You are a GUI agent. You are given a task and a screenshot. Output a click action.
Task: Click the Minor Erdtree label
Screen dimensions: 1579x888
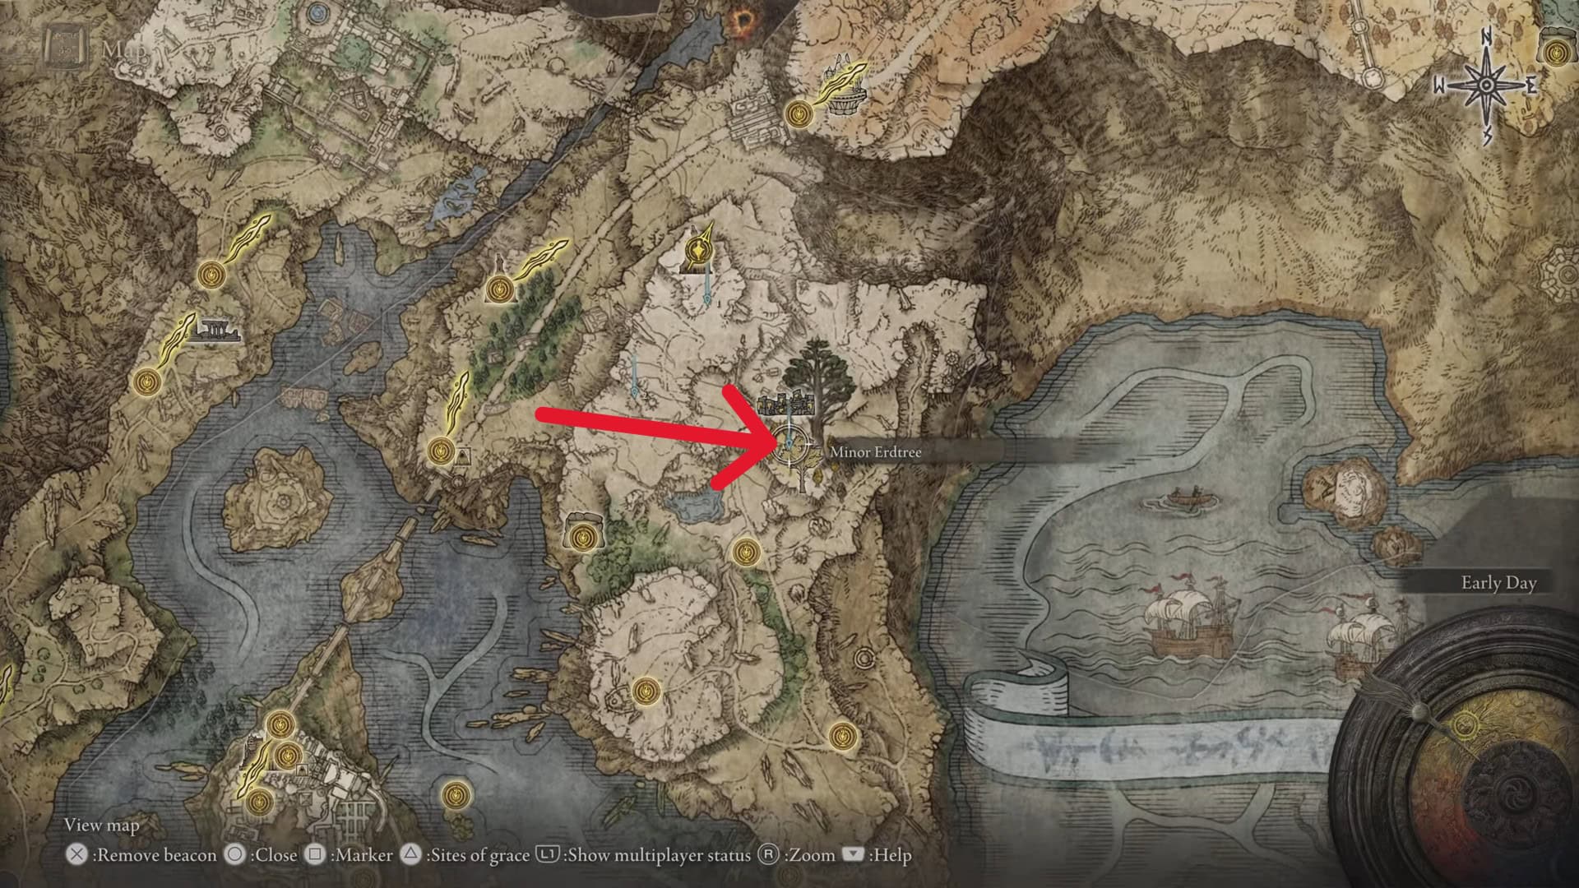(875, 451)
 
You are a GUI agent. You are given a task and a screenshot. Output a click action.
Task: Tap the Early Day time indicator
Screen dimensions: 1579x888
(1498, 583)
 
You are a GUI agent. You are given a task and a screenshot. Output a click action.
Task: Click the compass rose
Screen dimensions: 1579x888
(1486, 86)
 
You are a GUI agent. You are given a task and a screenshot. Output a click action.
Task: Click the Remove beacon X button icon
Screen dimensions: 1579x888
(76, 855)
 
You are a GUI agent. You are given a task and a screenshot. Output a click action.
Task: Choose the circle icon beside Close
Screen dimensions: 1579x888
(235, 855)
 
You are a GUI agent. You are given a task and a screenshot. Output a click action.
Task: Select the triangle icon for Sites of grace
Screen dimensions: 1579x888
(411, 855)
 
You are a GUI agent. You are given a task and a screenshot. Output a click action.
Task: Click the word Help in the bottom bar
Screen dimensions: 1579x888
(892, 855)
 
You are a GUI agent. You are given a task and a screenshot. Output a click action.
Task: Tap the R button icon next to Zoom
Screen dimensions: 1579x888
(768, 855)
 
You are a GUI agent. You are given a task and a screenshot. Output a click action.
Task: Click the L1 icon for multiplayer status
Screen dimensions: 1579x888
(548, 855)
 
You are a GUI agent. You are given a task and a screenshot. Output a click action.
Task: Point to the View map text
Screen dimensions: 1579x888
(101, 825)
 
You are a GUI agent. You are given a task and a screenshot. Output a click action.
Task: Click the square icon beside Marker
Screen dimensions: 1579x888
(315, 855)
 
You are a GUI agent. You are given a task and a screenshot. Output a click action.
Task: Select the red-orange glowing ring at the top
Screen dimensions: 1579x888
(745, 20)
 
